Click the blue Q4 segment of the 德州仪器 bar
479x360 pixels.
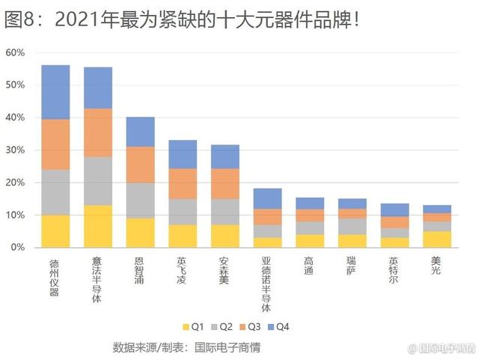coord(55,92)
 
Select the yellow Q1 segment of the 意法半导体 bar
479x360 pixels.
coord(98,226)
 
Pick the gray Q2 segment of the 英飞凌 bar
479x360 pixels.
coord(183,212)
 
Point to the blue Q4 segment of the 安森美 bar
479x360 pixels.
coord(225,156)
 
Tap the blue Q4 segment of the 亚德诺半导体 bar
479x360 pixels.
coord(267,198)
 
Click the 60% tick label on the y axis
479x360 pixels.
coord(16,53)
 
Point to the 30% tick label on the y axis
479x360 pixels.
coord(16,150)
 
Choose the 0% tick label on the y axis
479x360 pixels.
coord(19,248)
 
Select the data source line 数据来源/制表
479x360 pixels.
coord(187,348)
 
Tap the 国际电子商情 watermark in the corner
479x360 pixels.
coord(442,349)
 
